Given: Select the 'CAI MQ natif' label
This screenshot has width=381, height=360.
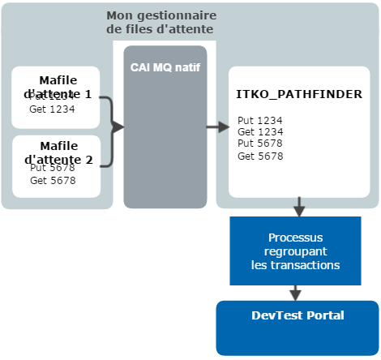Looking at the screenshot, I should point(165,66).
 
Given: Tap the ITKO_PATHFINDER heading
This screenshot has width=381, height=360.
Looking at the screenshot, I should point(299,94).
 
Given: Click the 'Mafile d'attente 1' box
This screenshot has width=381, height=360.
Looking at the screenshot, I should point(56,97).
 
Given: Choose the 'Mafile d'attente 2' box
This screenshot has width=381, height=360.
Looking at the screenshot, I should point(56,166).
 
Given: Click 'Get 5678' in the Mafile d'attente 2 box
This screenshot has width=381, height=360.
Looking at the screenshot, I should point(53,181).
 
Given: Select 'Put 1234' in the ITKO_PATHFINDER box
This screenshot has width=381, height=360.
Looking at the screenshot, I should point(260,120).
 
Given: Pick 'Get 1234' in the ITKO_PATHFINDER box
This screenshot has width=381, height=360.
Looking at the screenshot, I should point(260,131).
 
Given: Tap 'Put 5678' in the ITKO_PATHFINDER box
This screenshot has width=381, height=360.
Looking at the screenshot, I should point(260,144).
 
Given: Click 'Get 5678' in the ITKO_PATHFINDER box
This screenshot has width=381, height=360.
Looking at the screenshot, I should point(260,156).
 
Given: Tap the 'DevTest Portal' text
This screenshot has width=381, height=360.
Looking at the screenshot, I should point(296,315).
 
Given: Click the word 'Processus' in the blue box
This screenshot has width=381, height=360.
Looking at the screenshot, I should point(295,238).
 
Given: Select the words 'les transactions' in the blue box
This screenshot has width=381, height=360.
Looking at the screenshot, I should point(295,264).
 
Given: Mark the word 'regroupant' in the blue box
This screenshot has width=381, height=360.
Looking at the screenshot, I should point(295,251).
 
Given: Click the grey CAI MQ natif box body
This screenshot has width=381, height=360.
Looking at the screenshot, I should point(165,154).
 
